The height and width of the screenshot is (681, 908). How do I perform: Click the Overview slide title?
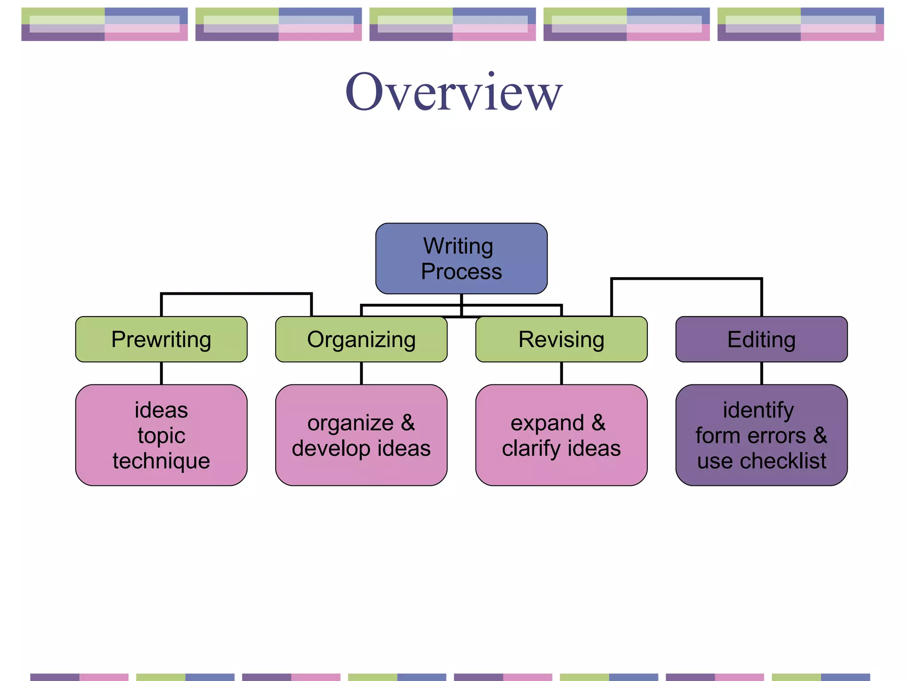click(454, 92)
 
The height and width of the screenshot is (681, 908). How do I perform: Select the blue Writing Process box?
click(461, 258)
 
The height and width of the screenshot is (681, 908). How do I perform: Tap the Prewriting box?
click(161, 339)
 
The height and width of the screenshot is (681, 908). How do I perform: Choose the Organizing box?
click(361, 339)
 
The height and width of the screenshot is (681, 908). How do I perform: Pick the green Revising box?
click(561, 339)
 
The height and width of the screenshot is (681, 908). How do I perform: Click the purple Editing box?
click(761, 339)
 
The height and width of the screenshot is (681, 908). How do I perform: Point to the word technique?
click(161, 461)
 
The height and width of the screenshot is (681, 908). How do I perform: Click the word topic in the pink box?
click(161, 435)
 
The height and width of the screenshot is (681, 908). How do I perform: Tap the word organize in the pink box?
click(350, 423)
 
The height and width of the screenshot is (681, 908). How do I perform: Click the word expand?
click(547, 423)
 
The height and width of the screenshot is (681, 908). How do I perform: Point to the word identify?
click(758, 411)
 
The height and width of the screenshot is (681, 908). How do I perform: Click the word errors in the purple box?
click(777, 436)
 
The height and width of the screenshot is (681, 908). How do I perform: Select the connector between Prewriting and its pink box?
click(161, 373)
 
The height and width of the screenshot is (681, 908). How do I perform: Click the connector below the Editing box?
click(762, 373)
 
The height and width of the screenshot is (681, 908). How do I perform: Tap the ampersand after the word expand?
click(599, 423)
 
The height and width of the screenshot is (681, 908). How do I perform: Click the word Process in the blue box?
click(461, 271)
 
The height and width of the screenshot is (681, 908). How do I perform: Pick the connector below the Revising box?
click(561, 373)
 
